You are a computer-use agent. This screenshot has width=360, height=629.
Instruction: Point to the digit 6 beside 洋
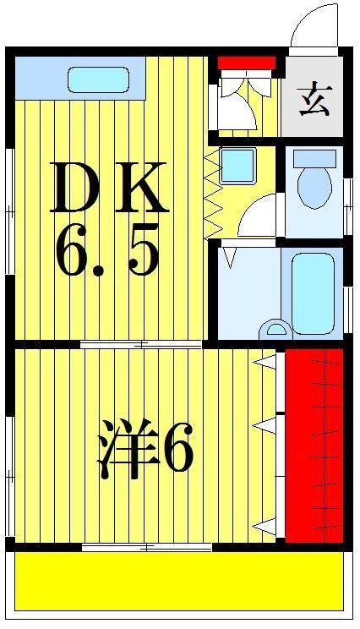pyautogui.click(x=177, y=448)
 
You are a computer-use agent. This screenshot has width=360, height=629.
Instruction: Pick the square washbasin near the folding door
pyautogui.click(x=237, y=166)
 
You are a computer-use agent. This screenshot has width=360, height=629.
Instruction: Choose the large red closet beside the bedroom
pyautogui.click(x=314, y=444)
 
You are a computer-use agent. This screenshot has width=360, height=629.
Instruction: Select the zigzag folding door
pyautogui.click(x=212, y=194)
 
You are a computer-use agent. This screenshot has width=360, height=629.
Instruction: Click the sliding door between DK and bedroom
pyautogui.click(x=142, y=344)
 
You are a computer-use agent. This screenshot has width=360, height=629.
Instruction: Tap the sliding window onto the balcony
pyautogui.click(x=147, y=548)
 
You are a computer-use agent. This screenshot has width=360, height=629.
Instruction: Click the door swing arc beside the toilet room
pyautogui.click(x=257, y=216)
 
